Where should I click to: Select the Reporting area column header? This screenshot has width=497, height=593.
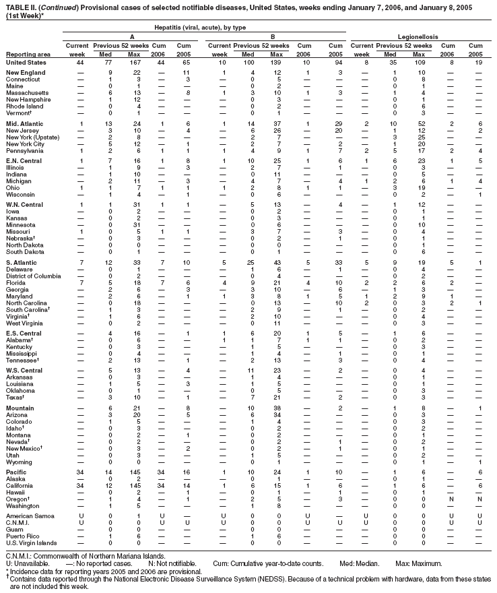click(x=28, y=54)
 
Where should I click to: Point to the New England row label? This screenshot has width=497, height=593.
click(x=25, y=71)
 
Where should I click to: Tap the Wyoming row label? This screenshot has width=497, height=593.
click(x=22, y=461)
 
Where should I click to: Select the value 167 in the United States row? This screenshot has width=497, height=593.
click(x=136, y=61)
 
